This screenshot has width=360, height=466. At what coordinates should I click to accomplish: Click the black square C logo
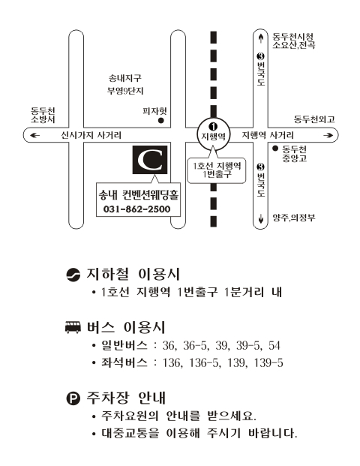pyautogui.click(x=150, y=160)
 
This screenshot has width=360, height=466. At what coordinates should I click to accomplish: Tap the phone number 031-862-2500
pyautogui.click(x=137, y=209)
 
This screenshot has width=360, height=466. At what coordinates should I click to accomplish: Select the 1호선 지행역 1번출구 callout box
pyautogui.click(x=217, y=170)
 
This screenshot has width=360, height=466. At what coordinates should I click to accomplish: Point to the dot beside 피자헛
pyautogui.click(x=161, y=121)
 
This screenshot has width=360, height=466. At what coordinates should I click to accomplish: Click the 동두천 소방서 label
pyautogui.click(x=43, y=115)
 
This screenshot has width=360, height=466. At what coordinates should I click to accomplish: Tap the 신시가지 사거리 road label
pyautogui.click(x=91, y=135)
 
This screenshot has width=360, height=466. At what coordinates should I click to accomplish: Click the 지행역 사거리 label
pyautogui.click(x=268, y=135)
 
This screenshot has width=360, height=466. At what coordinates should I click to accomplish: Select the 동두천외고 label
pyautogui.click(x=314, y=119)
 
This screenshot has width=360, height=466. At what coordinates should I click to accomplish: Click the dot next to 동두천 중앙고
pyautogui.click(x=275, y=148)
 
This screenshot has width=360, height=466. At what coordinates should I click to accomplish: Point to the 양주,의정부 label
pyautogui.click(x=294, y=218)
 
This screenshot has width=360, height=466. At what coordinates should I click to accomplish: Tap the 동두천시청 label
pyautogui.click(x=292, y=37)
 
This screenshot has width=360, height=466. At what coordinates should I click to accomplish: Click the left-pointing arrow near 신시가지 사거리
pyautogui.click(x=34, y=136)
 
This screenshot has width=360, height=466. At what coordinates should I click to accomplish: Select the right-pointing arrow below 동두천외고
pyautogui.click(x=328, y=136)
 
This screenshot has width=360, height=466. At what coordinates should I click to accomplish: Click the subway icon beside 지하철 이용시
pyautogui.click(x=73, y=275)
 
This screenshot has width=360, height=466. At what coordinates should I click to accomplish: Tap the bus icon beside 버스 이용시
pyautogui.click(x=73, y=327)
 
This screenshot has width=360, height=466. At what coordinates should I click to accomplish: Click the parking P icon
pyautogui.click(x=73, y=398)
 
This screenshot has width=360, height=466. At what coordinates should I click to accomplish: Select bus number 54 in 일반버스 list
pyautogui.click(x=274, y=345)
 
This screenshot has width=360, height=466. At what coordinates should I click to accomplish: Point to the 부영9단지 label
pyautogui.click(x=125, y=91)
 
